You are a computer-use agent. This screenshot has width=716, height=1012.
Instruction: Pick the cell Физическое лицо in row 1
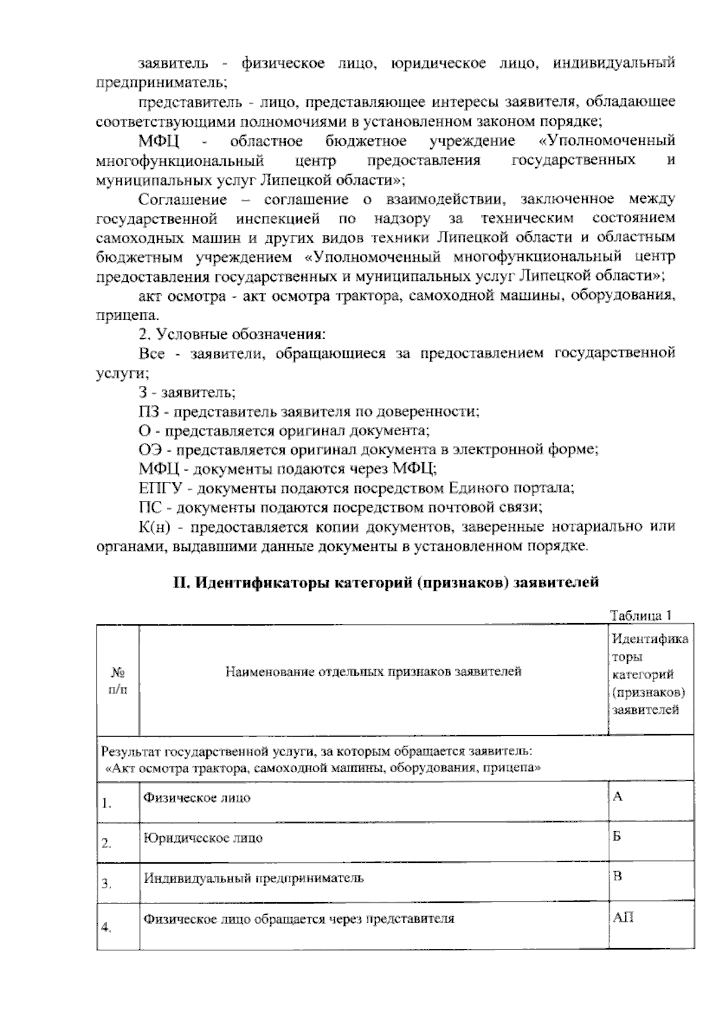197,797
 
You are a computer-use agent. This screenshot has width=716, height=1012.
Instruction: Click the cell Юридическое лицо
203,838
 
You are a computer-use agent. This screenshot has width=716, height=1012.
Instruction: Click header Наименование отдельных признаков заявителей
374,672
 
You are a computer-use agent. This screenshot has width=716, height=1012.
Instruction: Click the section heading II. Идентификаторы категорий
385,582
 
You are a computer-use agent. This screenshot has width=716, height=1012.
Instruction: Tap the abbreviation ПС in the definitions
149,507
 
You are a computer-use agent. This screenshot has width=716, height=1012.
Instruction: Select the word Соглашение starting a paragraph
182,199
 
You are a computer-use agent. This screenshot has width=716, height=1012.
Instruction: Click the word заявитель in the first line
174,63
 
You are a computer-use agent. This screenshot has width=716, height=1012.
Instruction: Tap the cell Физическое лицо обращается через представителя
299,919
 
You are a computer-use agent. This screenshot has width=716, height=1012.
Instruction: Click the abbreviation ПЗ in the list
149,411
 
